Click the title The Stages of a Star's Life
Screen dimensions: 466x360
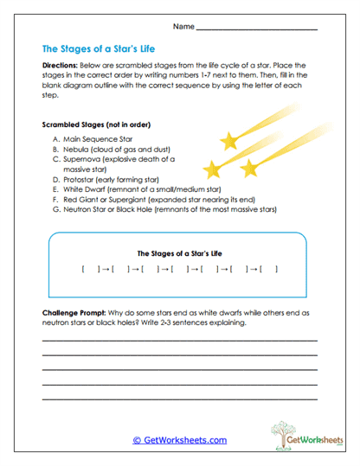(x=99, y=49)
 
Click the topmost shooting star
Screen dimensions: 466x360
(x=230, y=138)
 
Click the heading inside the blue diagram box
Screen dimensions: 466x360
(x=179, y=253)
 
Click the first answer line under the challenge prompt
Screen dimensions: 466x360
(x=179, y=341)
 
